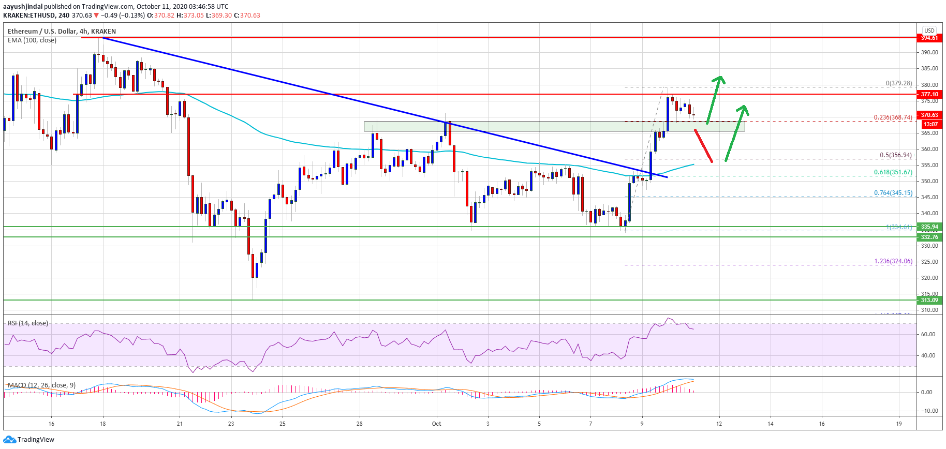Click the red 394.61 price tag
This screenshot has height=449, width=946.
929,38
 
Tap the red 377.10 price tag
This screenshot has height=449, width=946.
929,94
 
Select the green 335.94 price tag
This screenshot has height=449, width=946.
929,227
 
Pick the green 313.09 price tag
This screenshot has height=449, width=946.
929,300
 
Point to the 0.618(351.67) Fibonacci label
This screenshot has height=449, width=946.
893,172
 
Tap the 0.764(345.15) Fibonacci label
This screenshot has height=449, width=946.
893,193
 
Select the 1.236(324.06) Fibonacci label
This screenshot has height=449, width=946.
893,261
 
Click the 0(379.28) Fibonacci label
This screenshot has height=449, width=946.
898,83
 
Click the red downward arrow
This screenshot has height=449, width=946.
703,146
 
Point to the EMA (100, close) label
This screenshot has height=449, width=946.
32,40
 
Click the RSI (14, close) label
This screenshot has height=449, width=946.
28,323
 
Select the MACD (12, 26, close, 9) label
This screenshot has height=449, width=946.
41,385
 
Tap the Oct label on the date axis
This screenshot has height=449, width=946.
436,424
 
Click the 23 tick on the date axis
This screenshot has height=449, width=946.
231,424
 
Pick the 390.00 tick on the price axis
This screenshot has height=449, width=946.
929,52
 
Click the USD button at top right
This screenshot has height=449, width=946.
929,31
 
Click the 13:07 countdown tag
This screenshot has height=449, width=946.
930,124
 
